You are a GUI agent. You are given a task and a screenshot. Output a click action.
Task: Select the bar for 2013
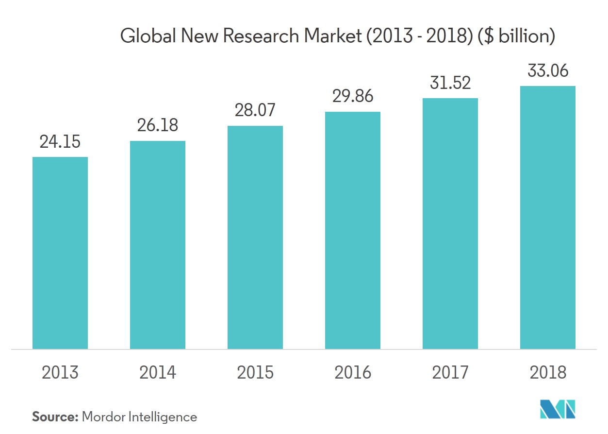[60, 253]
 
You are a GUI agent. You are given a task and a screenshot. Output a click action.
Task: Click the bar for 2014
[158, 245]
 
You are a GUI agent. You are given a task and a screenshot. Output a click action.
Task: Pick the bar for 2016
[353, 230]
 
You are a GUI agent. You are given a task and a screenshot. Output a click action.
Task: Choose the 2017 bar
[450, 224]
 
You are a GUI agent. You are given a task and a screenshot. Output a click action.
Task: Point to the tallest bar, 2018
[548, 217]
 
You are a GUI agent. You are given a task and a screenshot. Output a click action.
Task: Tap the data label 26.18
[158, 125]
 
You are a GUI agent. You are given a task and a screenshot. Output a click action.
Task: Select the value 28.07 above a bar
[255, 110]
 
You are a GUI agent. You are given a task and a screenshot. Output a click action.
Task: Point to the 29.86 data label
[353, 96]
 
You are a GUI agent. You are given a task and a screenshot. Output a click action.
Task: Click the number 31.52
[450, 83]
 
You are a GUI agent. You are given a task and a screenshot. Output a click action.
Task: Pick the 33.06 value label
[548, 71]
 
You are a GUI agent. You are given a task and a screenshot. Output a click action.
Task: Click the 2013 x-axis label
[60, 373]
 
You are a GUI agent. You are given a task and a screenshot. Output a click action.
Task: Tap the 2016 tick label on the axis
[353, 373]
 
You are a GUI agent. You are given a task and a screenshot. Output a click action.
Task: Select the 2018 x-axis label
[548, 373]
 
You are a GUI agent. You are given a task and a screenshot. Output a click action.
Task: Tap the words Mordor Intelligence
[140, 417]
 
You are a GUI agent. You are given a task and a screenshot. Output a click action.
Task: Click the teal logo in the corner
[558, 409]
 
